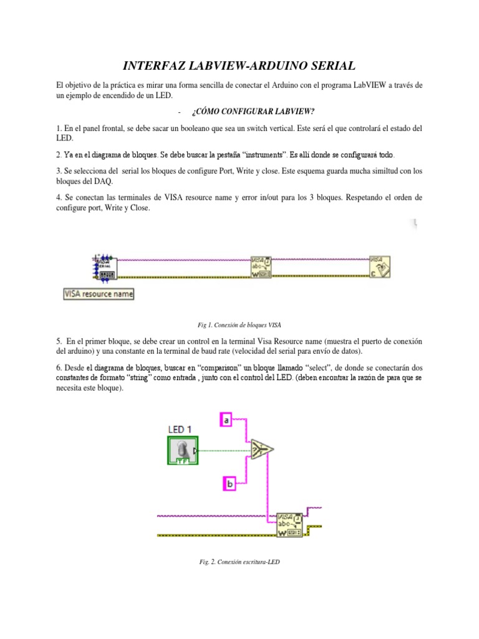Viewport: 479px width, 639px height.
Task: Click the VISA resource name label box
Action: point(99,293)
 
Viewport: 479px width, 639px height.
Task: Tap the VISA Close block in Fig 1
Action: point(380,266)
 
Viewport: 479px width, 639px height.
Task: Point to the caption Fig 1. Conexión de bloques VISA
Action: point(239,324)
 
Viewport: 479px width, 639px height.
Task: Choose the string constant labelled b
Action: point(229,482)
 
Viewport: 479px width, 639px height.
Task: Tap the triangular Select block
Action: point(262,447)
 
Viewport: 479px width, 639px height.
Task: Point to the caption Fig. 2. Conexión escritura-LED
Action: point(239,562)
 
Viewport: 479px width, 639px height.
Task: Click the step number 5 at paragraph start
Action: point(58,341)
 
